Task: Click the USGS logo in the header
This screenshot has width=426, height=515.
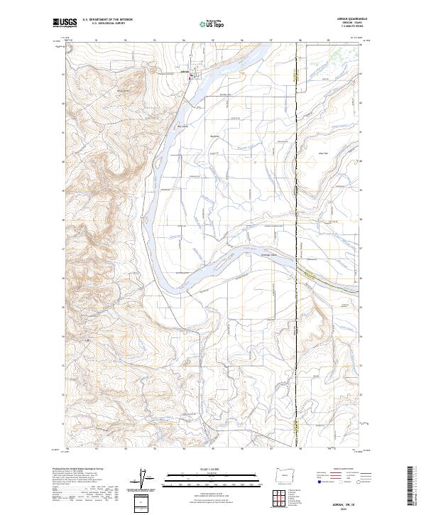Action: pos(64,23)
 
